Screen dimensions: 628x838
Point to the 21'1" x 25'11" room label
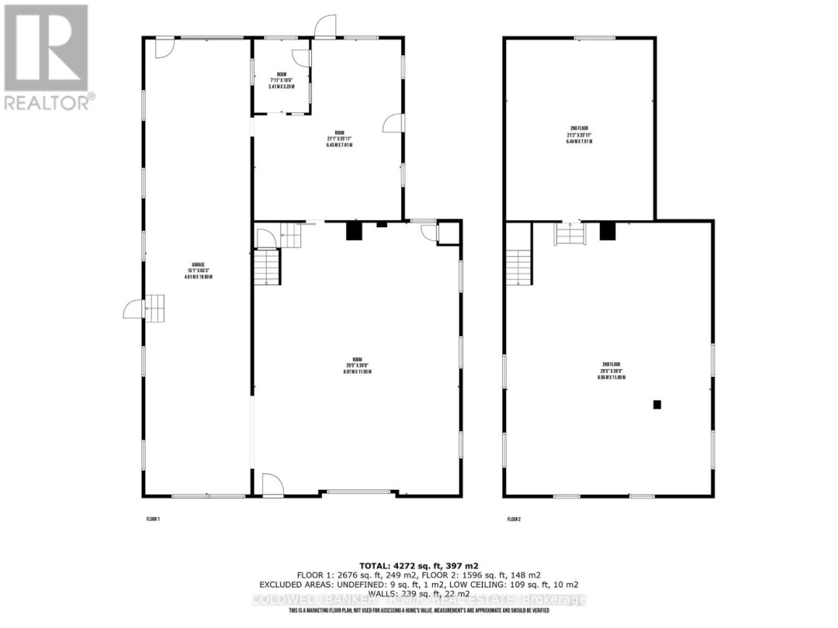click(x=340, y=140)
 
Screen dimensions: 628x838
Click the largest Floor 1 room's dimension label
click(x=358, y=365)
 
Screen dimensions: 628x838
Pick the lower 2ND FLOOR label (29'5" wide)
click(x=613, y=371)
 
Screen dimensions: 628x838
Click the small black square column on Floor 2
click(x=656, y=404)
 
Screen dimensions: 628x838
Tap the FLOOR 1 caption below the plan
click(x=153, y=519)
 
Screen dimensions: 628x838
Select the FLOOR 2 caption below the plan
click(x=514, y=519)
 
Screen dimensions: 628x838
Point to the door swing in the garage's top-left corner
click(x=163, y=47)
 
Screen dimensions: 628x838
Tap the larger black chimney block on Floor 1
click(x=353, y=231)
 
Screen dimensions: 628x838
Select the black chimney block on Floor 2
click(x=608, y=230)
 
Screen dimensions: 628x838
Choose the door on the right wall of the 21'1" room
click(x=393, y=123)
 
